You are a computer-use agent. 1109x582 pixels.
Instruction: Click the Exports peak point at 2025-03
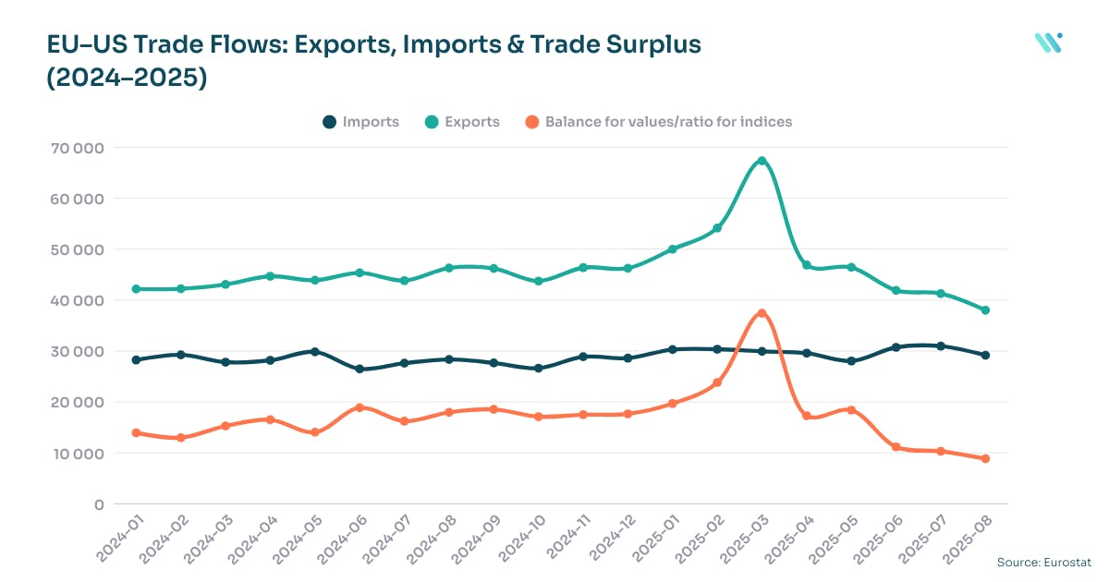[x=762, y=161]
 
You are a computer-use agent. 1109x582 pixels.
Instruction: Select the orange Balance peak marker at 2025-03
[x=762, y=313]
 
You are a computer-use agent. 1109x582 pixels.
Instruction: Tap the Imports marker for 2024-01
[x=136, y=360]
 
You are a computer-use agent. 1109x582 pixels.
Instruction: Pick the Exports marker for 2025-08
[x=985, y=310]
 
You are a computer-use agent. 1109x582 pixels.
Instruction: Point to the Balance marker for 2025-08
[x=985, y=459]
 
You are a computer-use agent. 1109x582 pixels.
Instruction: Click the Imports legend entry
[x=360, y=122]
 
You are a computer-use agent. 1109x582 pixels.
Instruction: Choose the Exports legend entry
[x=462, y=122]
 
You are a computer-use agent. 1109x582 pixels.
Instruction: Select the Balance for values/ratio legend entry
[x=658, y=122]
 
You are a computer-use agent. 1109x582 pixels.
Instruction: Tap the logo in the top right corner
[x=1048, y=42]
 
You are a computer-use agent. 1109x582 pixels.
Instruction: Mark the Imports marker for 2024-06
[x=360, y=370]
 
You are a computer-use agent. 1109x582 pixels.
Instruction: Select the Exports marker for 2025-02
[x=717, y=228]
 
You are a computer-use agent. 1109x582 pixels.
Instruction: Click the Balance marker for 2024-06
[x=360, y=407]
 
